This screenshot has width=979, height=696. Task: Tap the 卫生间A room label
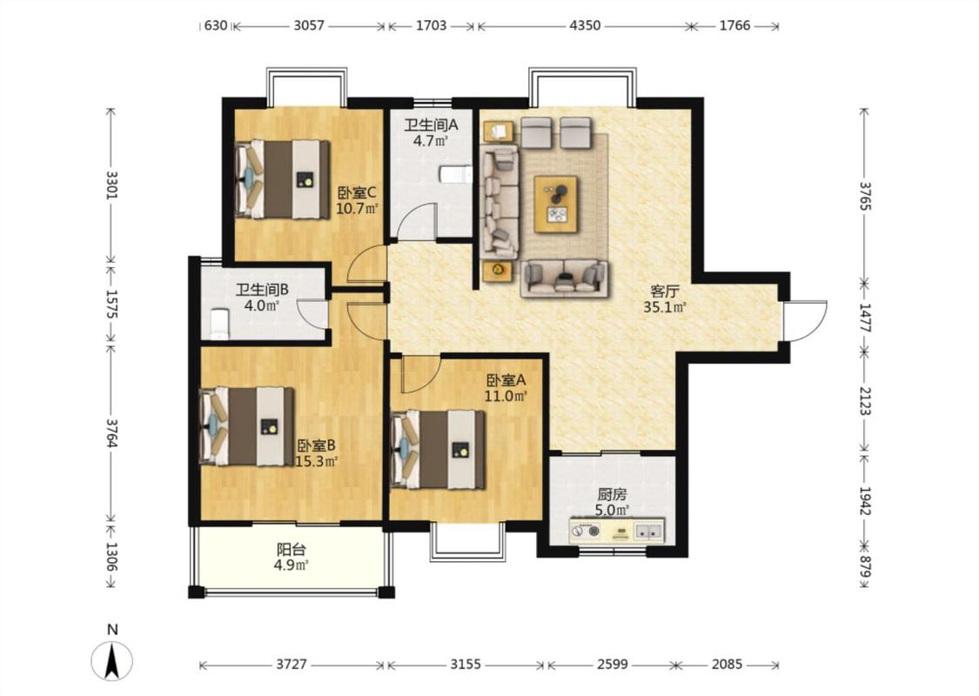pyautogui.click(x=431, y=124)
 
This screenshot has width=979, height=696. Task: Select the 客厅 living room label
pyautogui.click(x=664, y=291)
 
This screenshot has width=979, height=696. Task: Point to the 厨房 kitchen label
pyautogui.click(x=611, y=494)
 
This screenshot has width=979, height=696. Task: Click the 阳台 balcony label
pyautogui.click(x=291, y=549)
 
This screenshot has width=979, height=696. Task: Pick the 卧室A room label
pyautogui.click(x=506, y=379)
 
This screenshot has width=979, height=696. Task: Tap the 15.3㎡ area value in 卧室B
pyautogui.click(x=316, y=462)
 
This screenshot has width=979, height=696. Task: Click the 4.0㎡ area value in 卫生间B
pyautogui.click(x=261, y=306)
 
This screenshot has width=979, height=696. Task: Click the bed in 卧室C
pyautogui.click(x=282, y=179)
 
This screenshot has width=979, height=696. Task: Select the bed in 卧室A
pyautogui.click(x=438, y=450)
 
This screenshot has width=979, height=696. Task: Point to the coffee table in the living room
pyautogui.click(x=555, y=204)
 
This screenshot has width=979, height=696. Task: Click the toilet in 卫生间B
pyautogui.click(x=220, y=324)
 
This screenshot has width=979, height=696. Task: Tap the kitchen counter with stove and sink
pyautogui.click(x=616, y=532)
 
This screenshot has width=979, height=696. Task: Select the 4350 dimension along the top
pyautogui.click(x=585, y=25)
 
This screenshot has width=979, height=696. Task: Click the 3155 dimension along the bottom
pyautogui.click(x=466, y=664)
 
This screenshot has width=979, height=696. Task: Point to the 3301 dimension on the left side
pyautogui.click(x=111, y=184)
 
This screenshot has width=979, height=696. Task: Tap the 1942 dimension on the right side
pyautogui.click(x=865, y=501)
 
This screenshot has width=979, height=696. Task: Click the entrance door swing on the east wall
pyautogui.click(x=805, y=321)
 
